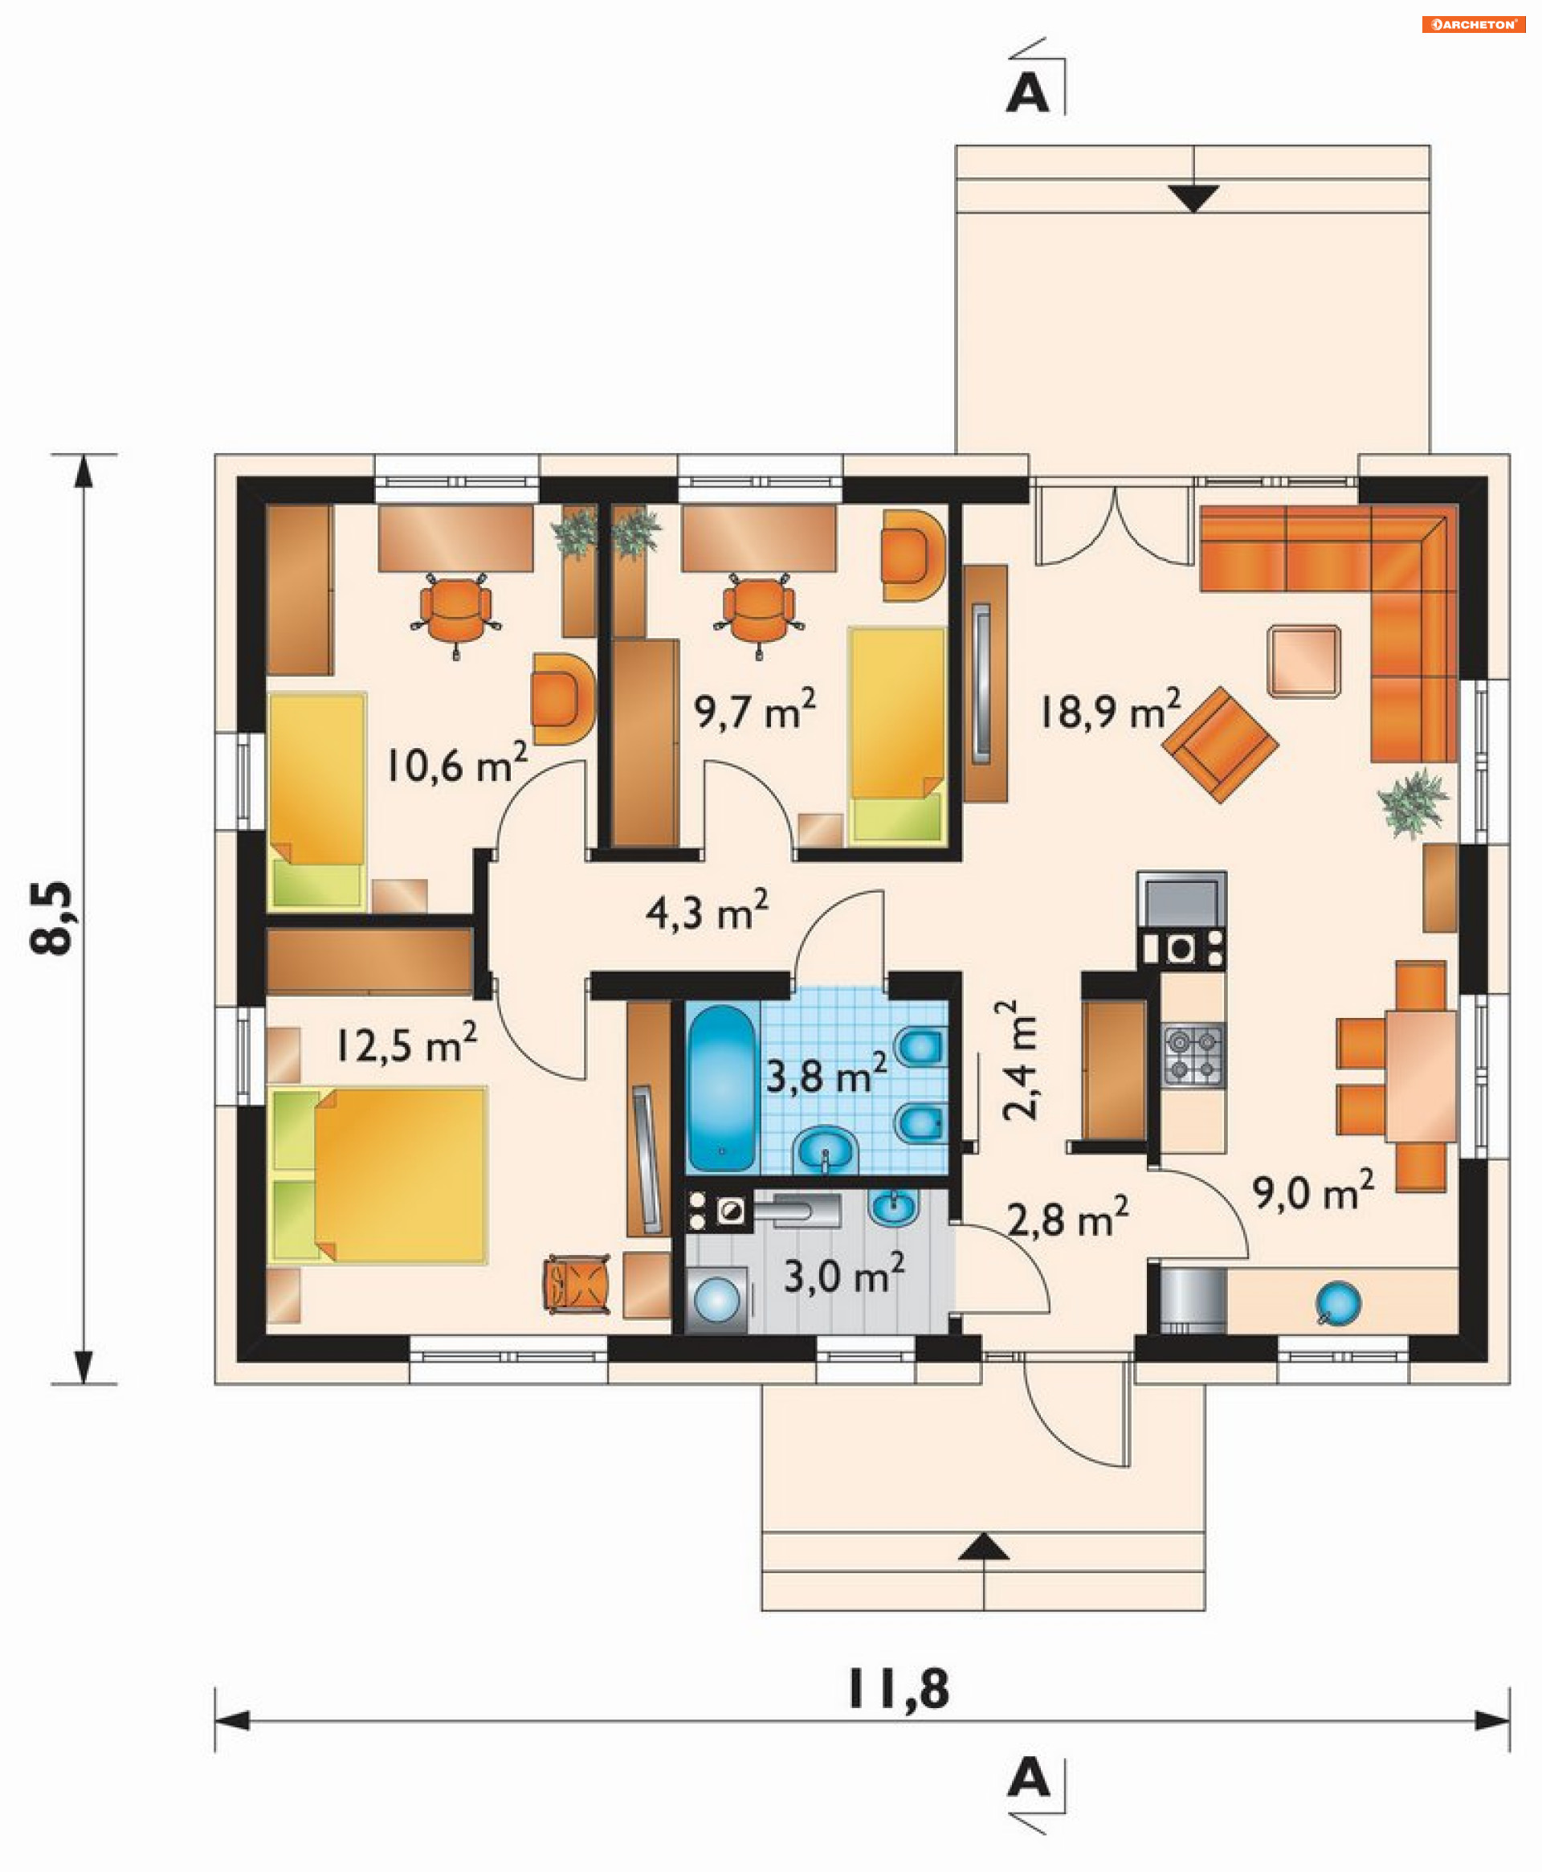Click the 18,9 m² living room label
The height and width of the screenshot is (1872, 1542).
[1110, 710]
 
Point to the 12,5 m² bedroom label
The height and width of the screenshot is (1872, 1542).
[406, 1043]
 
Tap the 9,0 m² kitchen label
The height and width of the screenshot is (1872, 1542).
[1314, 1191]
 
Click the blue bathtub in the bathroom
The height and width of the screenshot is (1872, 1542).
[721, 1089]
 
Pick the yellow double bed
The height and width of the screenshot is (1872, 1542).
[377, 1175]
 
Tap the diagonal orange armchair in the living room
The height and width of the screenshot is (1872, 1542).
[1220, 745]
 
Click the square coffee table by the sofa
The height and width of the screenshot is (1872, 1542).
[1304, 661]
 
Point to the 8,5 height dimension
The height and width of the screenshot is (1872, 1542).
[51, 918]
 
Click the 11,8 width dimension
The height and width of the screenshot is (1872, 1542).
[898, 1689]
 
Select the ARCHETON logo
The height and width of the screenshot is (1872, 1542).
[1473, 24]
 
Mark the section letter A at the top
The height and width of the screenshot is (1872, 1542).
[1027, 92]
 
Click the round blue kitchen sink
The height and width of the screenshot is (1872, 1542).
[1338, 1303]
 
